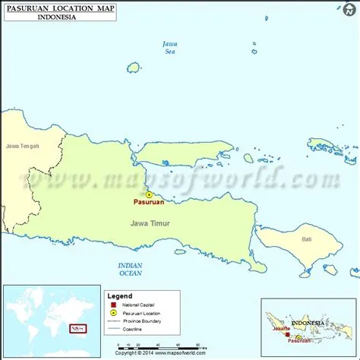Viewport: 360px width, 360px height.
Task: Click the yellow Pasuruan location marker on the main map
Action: tap(149, 194)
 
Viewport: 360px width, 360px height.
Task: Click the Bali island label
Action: tap(307, 239)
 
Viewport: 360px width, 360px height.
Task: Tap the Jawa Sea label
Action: tap(171, 48)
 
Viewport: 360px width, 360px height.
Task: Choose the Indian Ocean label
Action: tap(131, 268)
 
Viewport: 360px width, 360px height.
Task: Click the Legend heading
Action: tap(119, 296)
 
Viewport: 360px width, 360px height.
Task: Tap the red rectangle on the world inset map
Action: tap(77, 328)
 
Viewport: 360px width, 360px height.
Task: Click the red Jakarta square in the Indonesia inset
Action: tap(288, 333)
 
